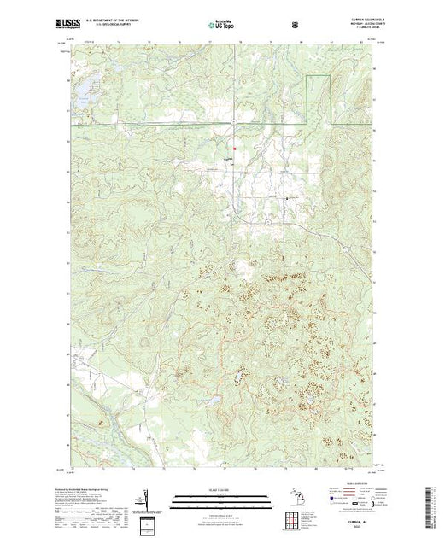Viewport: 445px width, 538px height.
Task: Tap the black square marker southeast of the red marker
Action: click(x=286, y=197)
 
